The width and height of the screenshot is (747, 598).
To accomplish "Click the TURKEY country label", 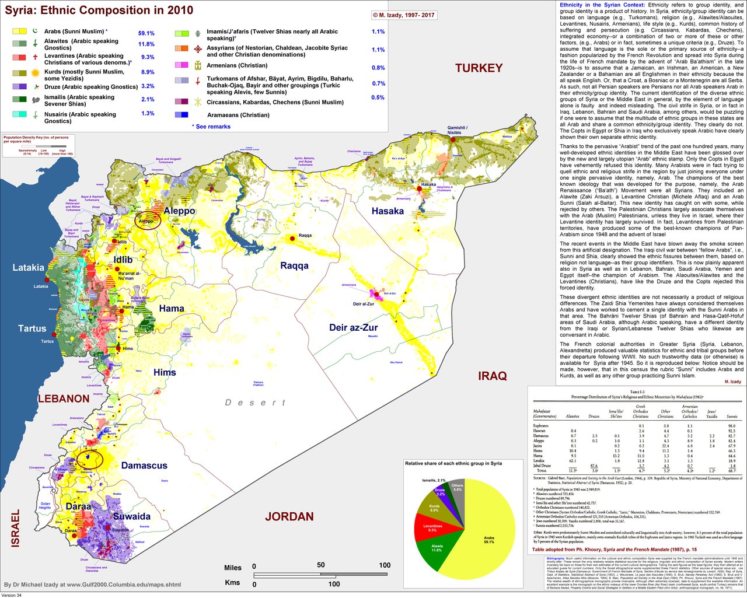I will (479, 68).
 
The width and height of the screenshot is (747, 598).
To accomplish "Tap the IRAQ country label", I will (493, 376).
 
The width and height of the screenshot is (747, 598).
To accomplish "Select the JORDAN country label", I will (289, 516).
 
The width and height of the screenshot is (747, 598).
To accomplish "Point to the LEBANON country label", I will (64, 399).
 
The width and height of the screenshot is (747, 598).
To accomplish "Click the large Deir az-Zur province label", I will (354, 327).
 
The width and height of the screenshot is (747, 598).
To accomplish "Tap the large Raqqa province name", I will (294, 265).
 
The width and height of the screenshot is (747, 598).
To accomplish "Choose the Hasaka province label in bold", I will (388, 211).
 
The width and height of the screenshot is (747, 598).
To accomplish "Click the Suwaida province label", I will (131, 516).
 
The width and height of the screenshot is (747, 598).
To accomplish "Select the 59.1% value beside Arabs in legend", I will (146, 33).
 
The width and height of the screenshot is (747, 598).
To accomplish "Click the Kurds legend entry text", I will (84, 75).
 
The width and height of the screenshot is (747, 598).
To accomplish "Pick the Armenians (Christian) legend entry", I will (237, 65).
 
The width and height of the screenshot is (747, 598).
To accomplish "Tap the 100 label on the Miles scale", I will (385, 565).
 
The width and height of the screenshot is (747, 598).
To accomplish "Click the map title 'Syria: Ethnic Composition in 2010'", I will (99, 11).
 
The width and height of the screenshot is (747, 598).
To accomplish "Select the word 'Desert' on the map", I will (255, 403).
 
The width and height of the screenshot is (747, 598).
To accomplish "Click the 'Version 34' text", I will (12, 594).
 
